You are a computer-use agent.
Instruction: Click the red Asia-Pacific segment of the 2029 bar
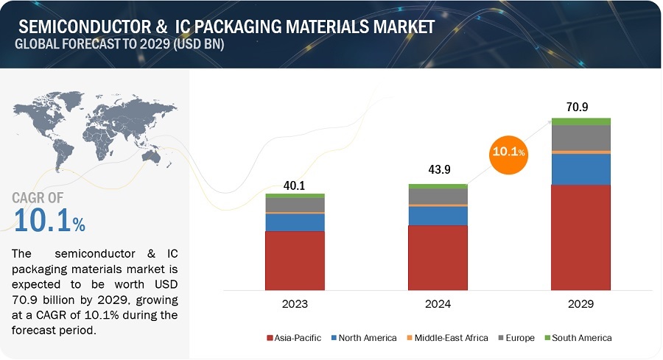point(581,236)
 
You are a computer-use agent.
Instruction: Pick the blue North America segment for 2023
point(295,222)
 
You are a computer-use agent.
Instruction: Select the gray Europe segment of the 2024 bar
point(438,197)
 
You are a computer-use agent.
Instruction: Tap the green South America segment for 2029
point(581,121)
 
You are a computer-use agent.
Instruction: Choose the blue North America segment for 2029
point(581,169)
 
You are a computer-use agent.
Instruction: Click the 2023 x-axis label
point(295,303)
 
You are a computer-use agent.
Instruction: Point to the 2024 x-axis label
point(438,303)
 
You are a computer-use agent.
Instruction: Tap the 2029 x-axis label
point(581,303)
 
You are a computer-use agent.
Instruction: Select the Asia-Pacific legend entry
point(294,338)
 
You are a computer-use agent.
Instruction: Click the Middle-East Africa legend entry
point(446,338)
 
